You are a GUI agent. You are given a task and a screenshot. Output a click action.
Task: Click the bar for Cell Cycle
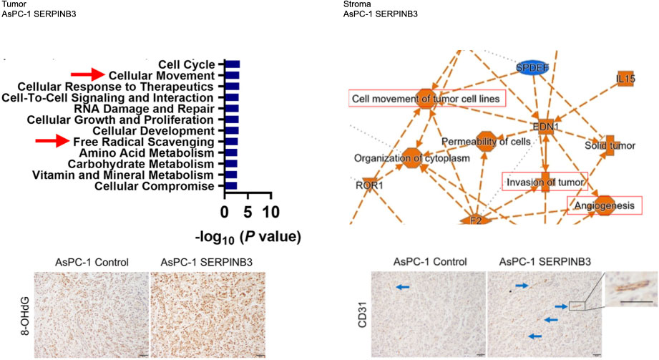coord(232,64)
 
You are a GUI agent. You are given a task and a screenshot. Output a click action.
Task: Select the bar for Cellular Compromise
coord(230,186)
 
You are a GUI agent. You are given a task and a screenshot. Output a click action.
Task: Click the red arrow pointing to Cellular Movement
coord(87,74)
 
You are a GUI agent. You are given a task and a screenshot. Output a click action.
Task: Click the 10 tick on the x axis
coord(270,213)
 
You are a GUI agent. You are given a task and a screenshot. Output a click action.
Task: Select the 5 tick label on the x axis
coord(247,213)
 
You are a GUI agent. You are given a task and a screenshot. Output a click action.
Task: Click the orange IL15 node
coord(625,77)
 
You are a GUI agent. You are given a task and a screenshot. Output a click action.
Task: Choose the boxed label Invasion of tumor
coord(545,183)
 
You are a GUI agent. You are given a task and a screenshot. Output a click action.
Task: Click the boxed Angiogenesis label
coord(604,206)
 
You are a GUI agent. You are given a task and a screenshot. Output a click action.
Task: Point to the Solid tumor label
coord(610,145)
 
